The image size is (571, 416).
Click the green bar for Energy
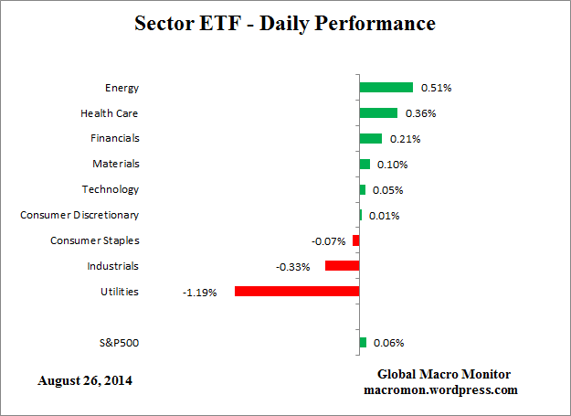point(386,88)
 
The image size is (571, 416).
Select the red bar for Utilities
point(297,292)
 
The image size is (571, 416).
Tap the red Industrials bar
point(342,266)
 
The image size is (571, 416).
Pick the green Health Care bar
point(378,113)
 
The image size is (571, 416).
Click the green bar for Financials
point(370,139)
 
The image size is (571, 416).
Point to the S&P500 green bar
point(363,343)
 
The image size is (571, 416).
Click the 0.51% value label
point(436,88)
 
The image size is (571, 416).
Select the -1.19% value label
point(200,293)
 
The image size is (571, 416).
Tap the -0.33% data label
point(292,267)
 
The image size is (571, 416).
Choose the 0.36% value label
point(420,113)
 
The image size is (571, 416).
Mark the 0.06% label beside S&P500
point(388,343)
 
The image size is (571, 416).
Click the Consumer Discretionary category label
point(79,215)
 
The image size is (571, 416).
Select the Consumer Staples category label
point(95,240)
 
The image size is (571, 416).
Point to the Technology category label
point(111,189)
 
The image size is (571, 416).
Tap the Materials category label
point(115,164)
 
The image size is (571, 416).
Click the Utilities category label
point(120,292)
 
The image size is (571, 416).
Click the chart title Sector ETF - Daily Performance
point(285,23)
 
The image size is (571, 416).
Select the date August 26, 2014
point(85,379)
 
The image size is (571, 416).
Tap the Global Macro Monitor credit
point(444,374)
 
